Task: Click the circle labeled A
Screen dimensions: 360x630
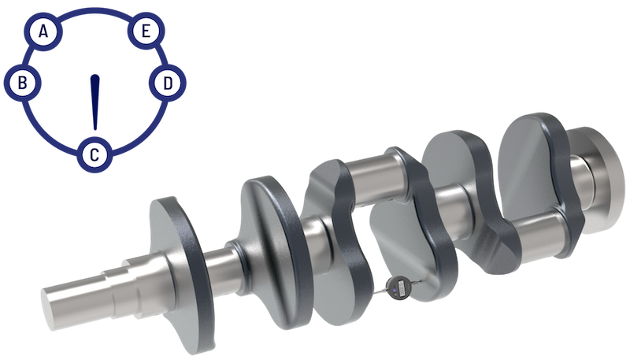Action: pos(45,32)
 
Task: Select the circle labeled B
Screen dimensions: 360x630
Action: pos(24,82)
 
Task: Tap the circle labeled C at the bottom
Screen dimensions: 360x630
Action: pos(94,154)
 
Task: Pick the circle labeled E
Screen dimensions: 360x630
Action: pos(144,32)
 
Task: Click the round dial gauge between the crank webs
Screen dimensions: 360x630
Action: pos(398,288)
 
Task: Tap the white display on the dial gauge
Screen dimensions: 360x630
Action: pos(398,288)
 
